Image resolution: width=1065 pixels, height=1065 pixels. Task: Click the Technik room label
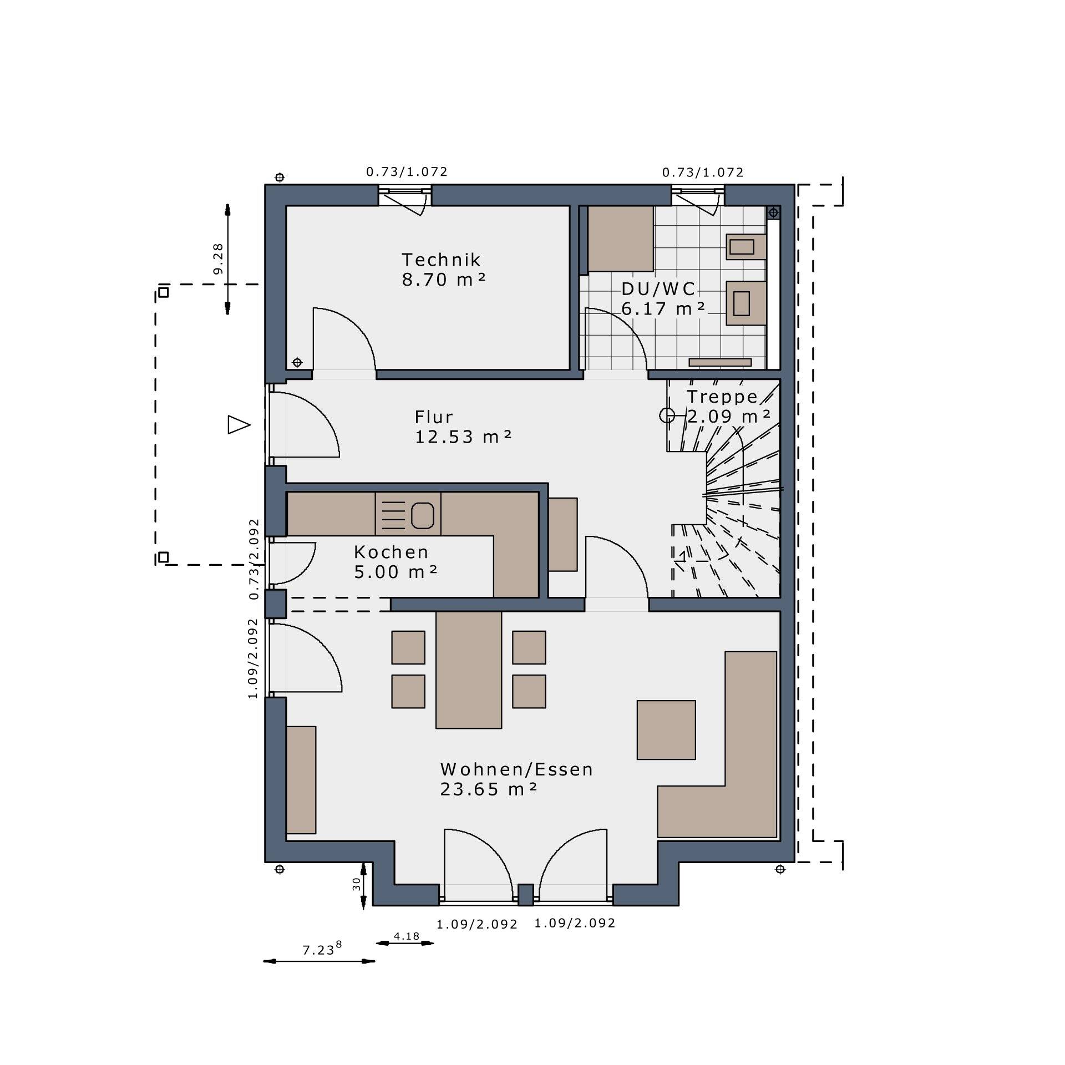(441, 260)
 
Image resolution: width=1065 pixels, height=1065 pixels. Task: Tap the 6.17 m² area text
(663, 308)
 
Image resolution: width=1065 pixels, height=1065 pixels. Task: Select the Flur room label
(434, 417)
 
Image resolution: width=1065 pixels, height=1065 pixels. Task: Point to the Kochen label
(391, 552)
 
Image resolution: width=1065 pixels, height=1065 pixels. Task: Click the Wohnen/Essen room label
(516, 769)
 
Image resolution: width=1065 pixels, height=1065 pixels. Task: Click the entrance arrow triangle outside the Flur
(239, 425)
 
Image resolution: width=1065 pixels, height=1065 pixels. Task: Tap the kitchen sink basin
(422, 515)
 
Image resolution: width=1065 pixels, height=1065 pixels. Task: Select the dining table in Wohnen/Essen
(469, 670)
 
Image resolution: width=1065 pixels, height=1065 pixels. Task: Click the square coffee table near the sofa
(666, 730)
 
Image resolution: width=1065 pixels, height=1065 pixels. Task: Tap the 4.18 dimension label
(407, 936)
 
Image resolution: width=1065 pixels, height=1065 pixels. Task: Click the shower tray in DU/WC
(620, 239)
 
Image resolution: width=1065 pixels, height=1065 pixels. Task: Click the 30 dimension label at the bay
(357, 883)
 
